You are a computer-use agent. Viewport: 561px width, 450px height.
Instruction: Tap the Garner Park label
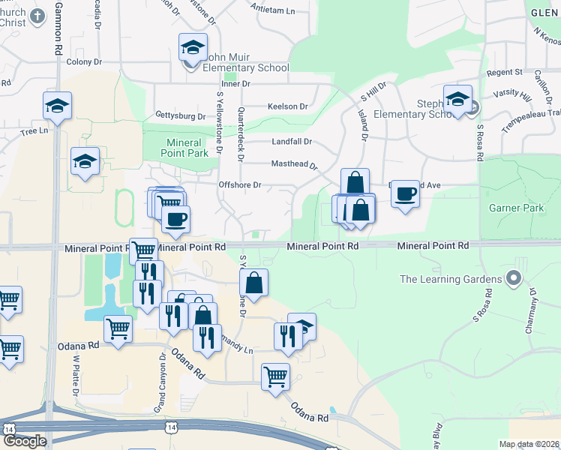pos(515,207)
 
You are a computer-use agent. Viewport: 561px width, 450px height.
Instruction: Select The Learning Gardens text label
pos(450,280)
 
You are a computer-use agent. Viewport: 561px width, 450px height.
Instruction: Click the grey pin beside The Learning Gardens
pos(514,279)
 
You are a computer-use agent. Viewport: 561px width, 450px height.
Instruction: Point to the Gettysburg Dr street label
pos(180,116)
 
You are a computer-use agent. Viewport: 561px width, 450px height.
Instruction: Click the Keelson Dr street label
pos(288,106)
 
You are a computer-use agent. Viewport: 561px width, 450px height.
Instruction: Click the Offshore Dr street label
pos(239,184)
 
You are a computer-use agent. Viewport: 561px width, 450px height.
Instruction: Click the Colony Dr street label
pos(83,61)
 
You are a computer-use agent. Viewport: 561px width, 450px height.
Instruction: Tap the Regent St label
pos(504,72)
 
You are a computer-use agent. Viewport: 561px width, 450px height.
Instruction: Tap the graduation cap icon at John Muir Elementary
pos(193,47)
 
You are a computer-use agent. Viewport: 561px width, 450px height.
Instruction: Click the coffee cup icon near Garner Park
pos(405,193)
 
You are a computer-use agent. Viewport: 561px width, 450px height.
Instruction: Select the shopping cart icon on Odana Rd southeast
pos(275,376)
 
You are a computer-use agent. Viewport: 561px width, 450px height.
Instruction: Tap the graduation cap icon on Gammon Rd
pos(56,106)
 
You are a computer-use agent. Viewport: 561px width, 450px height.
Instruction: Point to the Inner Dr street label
pos(235,83)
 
